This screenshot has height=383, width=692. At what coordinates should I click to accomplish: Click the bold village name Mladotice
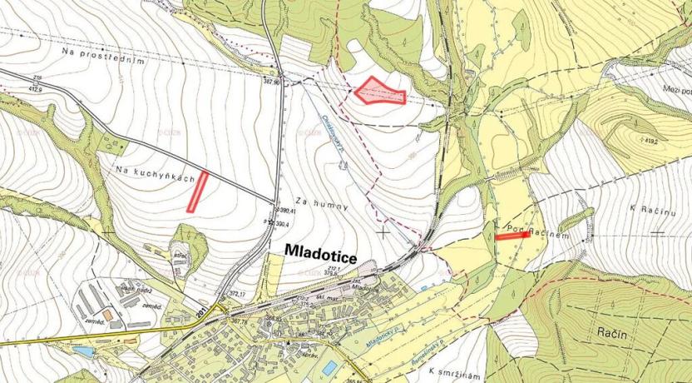tap(320, 250)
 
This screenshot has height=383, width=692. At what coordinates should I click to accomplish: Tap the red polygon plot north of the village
tap(379, 92)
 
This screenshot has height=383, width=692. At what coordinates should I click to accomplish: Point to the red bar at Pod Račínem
tap(512, 236)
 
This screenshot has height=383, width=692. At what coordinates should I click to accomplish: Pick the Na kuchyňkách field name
tap(156, 174)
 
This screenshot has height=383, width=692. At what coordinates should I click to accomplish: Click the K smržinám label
tap(457, 370)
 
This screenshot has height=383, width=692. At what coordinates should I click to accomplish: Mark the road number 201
tap(200, 311)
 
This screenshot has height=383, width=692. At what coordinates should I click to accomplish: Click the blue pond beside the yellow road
tap(84, 352)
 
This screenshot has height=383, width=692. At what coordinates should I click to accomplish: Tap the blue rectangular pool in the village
tap(329, 367)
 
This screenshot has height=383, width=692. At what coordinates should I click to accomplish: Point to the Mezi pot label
tap(675, 90)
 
